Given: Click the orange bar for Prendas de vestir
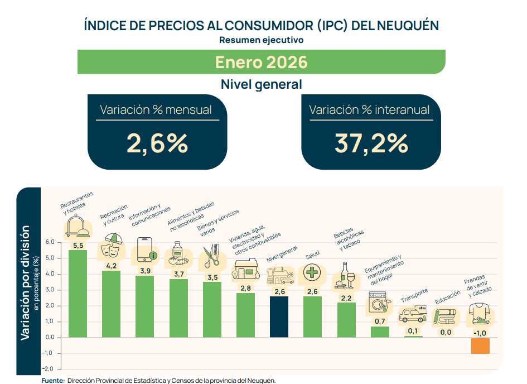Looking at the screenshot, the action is [x=480, y=345].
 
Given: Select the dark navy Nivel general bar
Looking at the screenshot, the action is [x=279, y=317].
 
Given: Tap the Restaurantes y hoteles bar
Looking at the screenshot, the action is [x=78, y=294].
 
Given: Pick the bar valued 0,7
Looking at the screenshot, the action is [x=380, y=332].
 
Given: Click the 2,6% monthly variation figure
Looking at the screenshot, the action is [x=157, y=143].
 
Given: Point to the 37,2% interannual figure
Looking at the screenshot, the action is [x=371, y=143].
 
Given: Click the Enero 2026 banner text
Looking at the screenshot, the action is [x=261, y=62].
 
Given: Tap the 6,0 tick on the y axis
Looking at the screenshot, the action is [x=50, y=242].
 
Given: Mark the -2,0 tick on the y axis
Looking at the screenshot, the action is [x=48, y=368].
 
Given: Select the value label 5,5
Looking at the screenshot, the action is [x=78, y=246].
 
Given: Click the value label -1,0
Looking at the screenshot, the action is [x=480, y=333].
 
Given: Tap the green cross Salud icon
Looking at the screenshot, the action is [x=312, y=272].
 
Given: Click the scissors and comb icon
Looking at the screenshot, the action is [x=211, y=255].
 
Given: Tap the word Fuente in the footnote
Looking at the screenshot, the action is [x=53, y=381].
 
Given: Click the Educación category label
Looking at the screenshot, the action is [x=448, y=297].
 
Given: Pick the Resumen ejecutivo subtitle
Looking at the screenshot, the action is [x=261, y=40].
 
